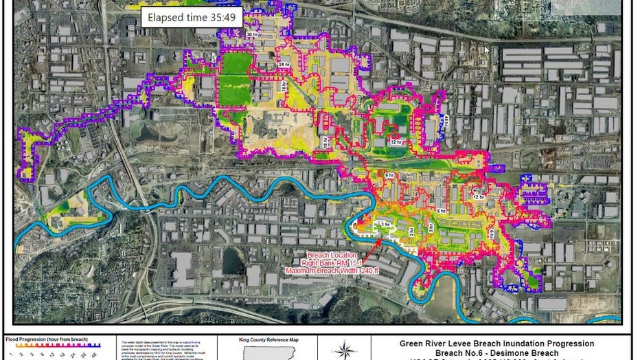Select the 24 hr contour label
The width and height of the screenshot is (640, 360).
[x=283, y=65]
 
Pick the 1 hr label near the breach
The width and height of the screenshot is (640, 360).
[x=384, y=224]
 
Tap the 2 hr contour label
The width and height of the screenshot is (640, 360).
[x=411, y=233]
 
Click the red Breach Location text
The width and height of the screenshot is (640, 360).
[x=328, y=255]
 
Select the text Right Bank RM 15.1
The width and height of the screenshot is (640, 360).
[x=326, y=262]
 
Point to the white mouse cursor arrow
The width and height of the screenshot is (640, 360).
[x=487, y=49]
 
